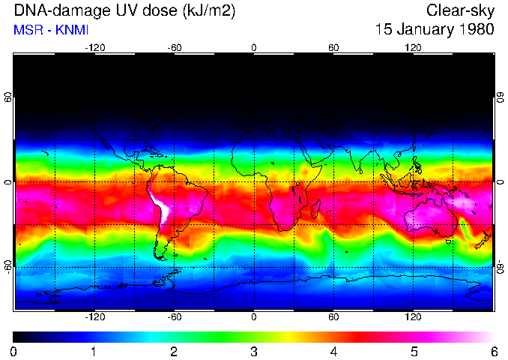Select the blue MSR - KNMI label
click(46, 30)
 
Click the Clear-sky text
click(460, 10)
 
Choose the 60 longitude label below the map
click(333, 317)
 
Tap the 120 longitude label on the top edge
click(414, 47)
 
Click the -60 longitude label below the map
click(174, 317)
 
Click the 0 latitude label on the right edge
click(500, 182)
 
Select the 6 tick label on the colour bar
click(494, 351)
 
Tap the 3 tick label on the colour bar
click(253, 351)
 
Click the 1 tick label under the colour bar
click(94, 351)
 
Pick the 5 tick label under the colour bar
click(414, 351)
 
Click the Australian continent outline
click(435, 217)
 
